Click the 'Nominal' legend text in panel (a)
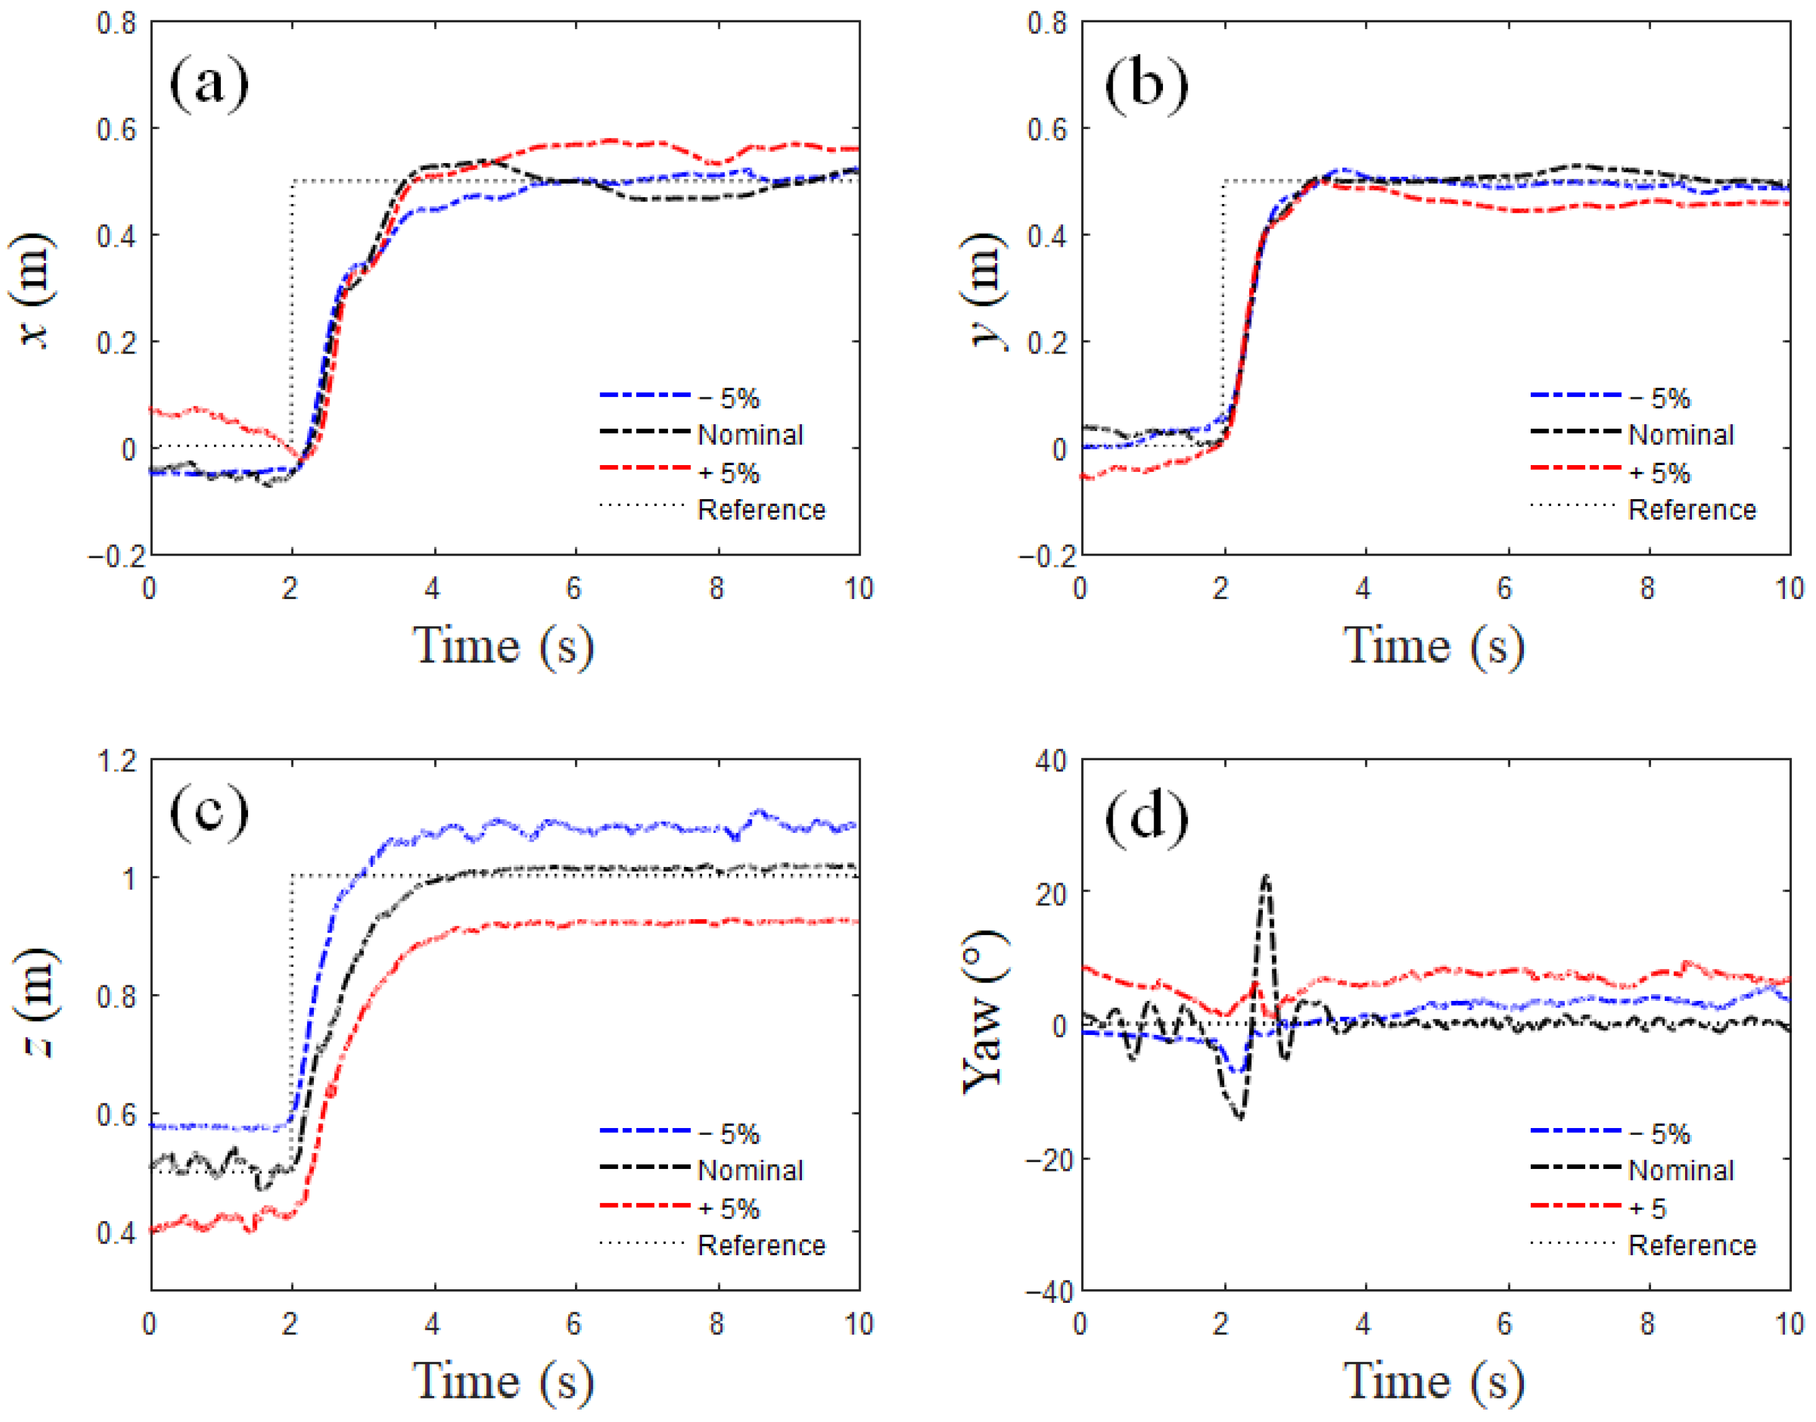749,435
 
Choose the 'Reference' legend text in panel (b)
1691,510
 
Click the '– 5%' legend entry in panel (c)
729,1134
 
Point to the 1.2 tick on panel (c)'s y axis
117,760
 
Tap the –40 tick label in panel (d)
1046,1292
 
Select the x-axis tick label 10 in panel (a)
858,589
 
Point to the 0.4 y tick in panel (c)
117,1233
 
